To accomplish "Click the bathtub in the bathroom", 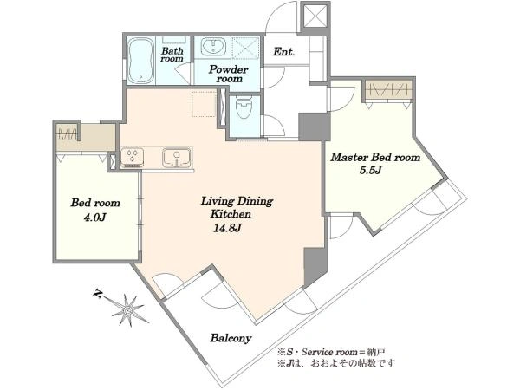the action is pos(141,60).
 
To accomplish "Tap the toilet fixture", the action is pos(244,107).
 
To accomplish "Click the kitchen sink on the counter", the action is pos(177,158).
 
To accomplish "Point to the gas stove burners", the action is pos(133,157).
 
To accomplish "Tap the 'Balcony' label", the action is pos(231,338).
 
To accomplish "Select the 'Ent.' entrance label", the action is pos(284,52).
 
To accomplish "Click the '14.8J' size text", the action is pos(227,228).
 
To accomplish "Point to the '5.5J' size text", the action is pos(371,170).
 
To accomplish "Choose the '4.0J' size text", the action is pos(95,218).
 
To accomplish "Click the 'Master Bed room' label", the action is pos(375,157).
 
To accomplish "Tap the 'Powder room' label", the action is pos(229,75).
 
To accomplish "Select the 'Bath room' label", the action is pos(172,55).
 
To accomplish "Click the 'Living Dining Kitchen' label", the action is pos(237,208).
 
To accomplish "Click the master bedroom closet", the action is pos(388,89).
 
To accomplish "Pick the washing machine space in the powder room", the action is pos(244,48).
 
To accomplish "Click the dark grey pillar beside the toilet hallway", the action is pos(315,127).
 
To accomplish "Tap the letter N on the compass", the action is pos(97,294).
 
